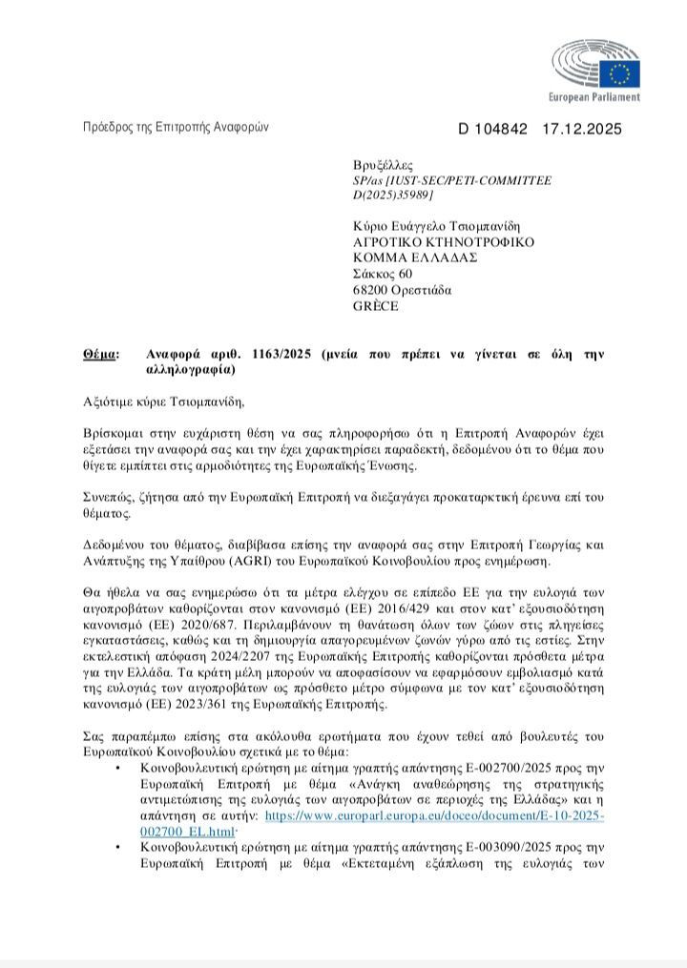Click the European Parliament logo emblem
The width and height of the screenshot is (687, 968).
click(595, 63)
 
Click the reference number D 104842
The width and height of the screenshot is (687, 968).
click(492, 129)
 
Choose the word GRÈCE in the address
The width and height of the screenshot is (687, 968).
click(376, 306)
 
